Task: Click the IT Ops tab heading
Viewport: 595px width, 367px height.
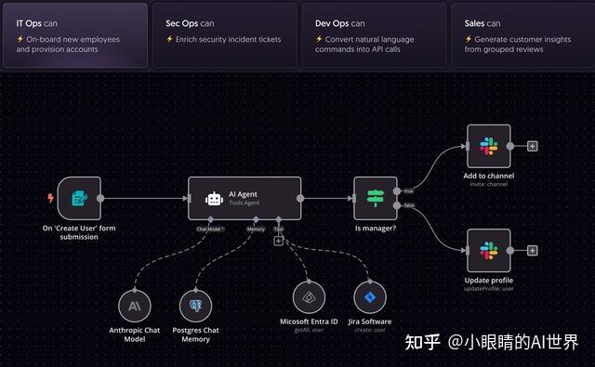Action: click(38, 22)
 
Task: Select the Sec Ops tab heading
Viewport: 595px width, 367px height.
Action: click(190, 22)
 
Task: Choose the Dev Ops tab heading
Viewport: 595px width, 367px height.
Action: click(339, 22)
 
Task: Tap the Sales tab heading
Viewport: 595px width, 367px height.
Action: click(483, 22)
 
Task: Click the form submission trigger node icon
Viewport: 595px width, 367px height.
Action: click(79, 198)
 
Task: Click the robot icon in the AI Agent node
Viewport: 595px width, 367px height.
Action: click(214, 198)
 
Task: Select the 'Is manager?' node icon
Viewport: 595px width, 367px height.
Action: click(376, 198)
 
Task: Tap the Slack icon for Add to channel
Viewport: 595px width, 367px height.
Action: click(489, 146)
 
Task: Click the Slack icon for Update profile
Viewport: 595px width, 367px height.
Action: click(489, 250)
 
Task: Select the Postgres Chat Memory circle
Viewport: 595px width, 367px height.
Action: click(195, 305)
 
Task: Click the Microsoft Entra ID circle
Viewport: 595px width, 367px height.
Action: click(309, 297)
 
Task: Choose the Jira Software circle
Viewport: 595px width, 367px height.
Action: click(370, 297)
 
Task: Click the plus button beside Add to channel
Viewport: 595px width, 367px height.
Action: click(532, 146)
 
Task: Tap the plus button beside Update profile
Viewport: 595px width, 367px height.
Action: click(532, 250)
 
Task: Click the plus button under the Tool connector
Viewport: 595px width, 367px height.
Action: click(278, 241)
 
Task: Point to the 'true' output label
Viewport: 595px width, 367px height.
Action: click(407, 190)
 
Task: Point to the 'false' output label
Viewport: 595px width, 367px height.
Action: click(408, 205)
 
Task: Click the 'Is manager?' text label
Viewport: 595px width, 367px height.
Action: click(376, 228)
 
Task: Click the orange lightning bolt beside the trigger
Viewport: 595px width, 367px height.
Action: click(50, 198)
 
